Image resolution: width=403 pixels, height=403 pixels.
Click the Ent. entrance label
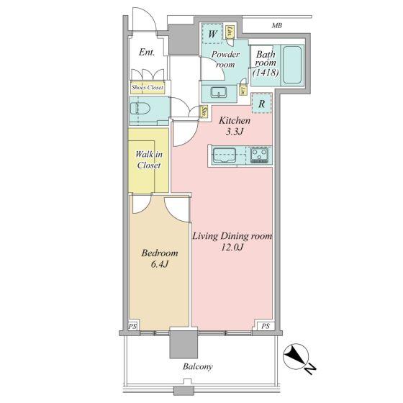(147, 53)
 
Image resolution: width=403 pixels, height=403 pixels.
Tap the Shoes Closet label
(147, 88)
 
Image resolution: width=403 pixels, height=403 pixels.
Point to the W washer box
(212, 33)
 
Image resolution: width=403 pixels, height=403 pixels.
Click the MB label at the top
(277, 27)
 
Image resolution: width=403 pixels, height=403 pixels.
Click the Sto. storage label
(205, 112)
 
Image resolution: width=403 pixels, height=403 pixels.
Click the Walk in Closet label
(148, 159)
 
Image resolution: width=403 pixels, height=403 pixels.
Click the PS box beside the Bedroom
(133, 325)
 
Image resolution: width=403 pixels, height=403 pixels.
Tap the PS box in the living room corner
(266, 325)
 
